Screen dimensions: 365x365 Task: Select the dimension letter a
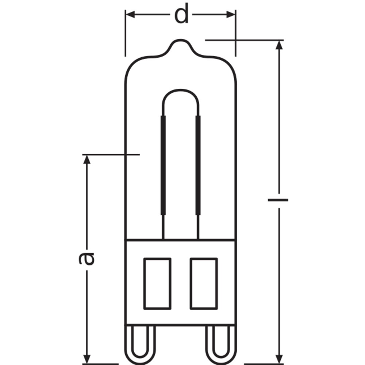coord(87,259)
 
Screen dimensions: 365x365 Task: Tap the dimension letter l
coord(278,200)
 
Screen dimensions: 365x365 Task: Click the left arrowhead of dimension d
coord(130,15)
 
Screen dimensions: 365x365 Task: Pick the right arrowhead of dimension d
coord(231,15)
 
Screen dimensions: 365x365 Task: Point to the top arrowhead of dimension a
coord(87,160)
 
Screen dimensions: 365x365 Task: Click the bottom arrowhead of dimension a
coord(87,359)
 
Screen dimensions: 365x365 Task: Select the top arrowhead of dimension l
coord(279,45)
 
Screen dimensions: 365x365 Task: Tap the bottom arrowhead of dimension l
coord(279,359)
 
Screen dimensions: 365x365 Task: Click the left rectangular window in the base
coord(157,284)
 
